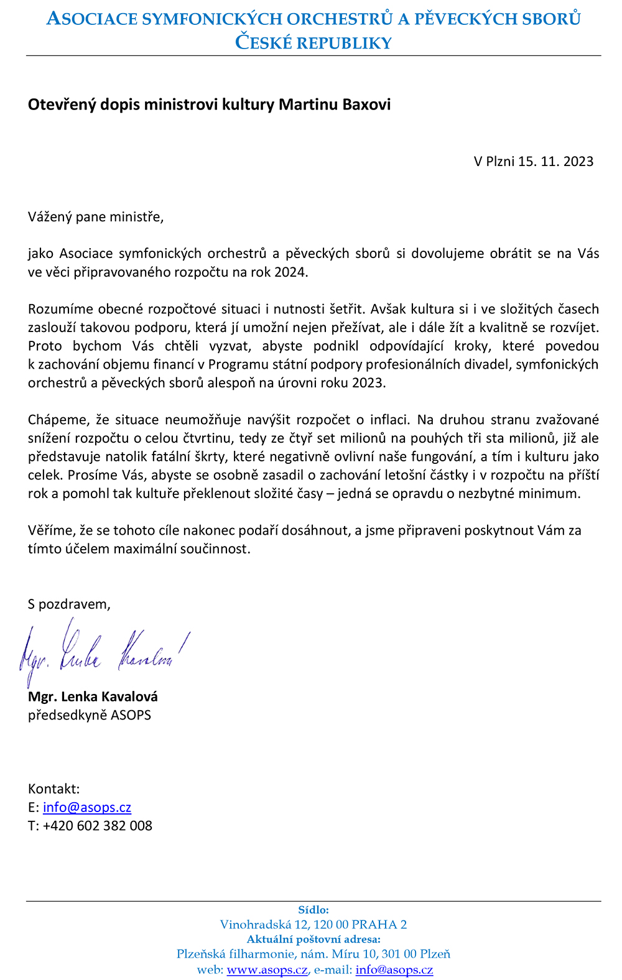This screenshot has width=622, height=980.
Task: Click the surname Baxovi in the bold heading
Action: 366,104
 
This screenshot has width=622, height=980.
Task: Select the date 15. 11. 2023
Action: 555,162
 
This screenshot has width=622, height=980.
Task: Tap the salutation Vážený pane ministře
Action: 96,217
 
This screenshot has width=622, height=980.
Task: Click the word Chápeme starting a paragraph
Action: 59,420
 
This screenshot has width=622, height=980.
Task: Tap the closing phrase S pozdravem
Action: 69,604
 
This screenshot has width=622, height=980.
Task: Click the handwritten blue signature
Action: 103,652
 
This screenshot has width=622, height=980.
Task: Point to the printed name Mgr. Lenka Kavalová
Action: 93,696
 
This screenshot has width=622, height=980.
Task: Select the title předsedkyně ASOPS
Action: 90,715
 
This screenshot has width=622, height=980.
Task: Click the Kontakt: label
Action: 54,789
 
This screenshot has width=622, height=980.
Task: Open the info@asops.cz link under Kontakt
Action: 87,808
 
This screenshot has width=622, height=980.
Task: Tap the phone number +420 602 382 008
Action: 98,826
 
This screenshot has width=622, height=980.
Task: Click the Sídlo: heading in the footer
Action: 313,910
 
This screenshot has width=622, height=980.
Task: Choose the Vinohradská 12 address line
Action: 313,925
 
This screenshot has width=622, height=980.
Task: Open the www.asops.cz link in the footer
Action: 267,970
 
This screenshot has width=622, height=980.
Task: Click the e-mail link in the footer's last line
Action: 394,970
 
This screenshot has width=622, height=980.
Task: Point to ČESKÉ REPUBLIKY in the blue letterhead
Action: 313,43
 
